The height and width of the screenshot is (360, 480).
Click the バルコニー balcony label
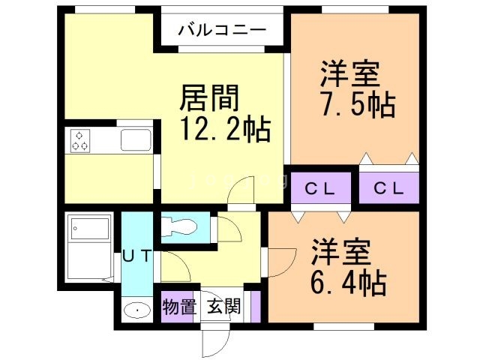pos(222,31)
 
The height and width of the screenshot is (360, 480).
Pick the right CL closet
pos(389,187)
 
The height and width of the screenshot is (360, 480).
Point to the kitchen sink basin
pos(136,139)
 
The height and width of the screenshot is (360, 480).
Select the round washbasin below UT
pos(136,310)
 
